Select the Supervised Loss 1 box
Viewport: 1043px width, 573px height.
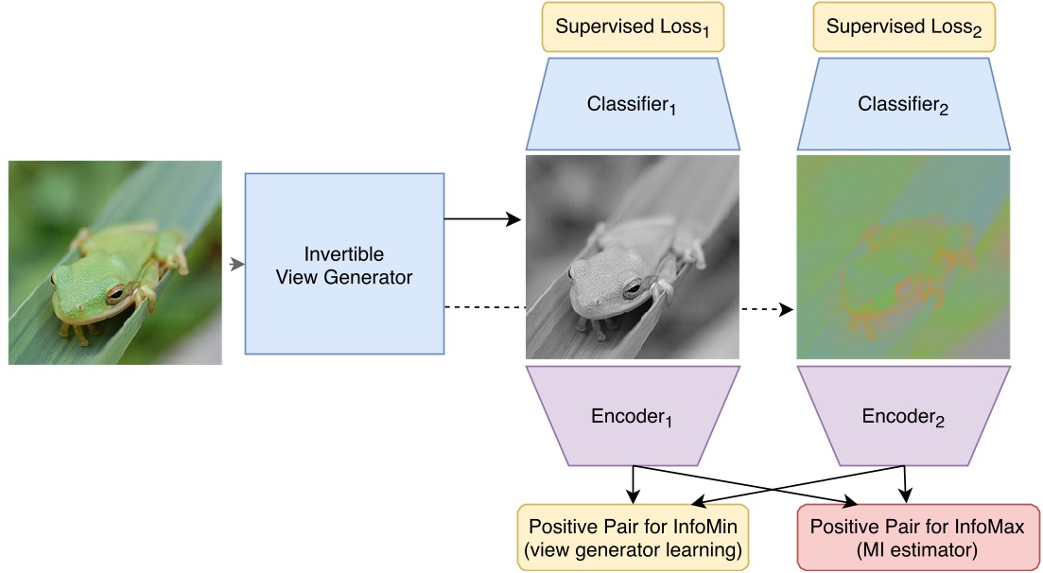click(633, 27)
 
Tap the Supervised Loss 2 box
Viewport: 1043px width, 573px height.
click(904, 27)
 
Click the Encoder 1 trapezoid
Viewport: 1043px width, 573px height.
click(633, 417)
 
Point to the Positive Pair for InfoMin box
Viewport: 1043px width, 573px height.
click(633, 537)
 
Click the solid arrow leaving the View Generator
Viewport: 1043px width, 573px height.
click(482, 219)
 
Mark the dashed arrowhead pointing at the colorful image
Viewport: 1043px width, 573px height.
click(785, 308)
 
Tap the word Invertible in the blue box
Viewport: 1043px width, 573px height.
click(344, 255)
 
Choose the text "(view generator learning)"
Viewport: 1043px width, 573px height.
click(633, 549)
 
